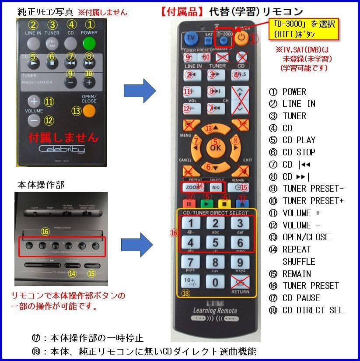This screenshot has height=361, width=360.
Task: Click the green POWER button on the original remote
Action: [x=89, y=43]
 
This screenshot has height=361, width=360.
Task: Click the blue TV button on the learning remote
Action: [x=191, y=38]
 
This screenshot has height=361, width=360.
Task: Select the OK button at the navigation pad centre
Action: [x=215, y=147]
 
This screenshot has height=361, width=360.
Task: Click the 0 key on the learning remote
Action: [x=215, y=282]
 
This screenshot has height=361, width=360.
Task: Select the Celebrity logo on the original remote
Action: [x=62, y=150]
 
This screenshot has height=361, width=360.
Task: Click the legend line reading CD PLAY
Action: [x=299, y=140]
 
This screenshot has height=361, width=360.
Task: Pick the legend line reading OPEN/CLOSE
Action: [x=306, y=237]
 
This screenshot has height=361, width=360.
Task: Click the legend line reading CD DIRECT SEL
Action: [x=313, y=310]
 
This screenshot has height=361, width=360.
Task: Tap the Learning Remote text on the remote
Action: [x=215, y=311]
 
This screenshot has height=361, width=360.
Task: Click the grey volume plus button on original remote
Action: [x=34, y=101]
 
